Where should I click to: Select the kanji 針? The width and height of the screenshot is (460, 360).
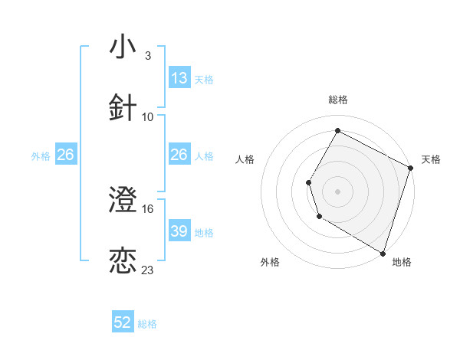pos(123,108)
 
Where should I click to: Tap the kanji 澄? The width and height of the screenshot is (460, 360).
pos(123,201)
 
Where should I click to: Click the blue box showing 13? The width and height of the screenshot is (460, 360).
pos(179,78)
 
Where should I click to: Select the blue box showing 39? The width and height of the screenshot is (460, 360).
pos(179,231)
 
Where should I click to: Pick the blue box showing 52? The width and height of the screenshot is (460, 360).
pos(123,322)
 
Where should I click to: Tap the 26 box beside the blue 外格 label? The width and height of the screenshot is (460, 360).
pos(65,155)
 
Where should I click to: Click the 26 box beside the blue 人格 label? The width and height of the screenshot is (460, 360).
pos(179,155)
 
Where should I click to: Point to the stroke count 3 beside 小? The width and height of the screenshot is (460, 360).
pos(147,56)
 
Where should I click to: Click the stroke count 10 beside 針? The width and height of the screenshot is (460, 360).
pos(148,117)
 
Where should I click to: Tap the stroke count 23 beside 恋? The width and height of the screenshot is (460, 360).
pos(148,270)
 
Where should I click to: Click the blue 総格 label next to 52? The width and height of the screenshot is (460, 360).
pos(147,324)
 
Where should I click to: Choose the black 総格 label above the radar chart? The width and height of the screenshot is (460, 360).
pos(337,100)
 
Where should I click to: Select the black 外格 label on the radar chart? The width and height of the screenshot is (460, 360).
pos(270,263)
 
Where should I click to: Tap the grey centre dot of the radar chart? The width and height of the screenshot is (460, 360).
pos(337,191)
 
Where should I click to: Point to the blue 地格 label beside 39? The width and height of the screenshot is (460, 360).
pos(204,232)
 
